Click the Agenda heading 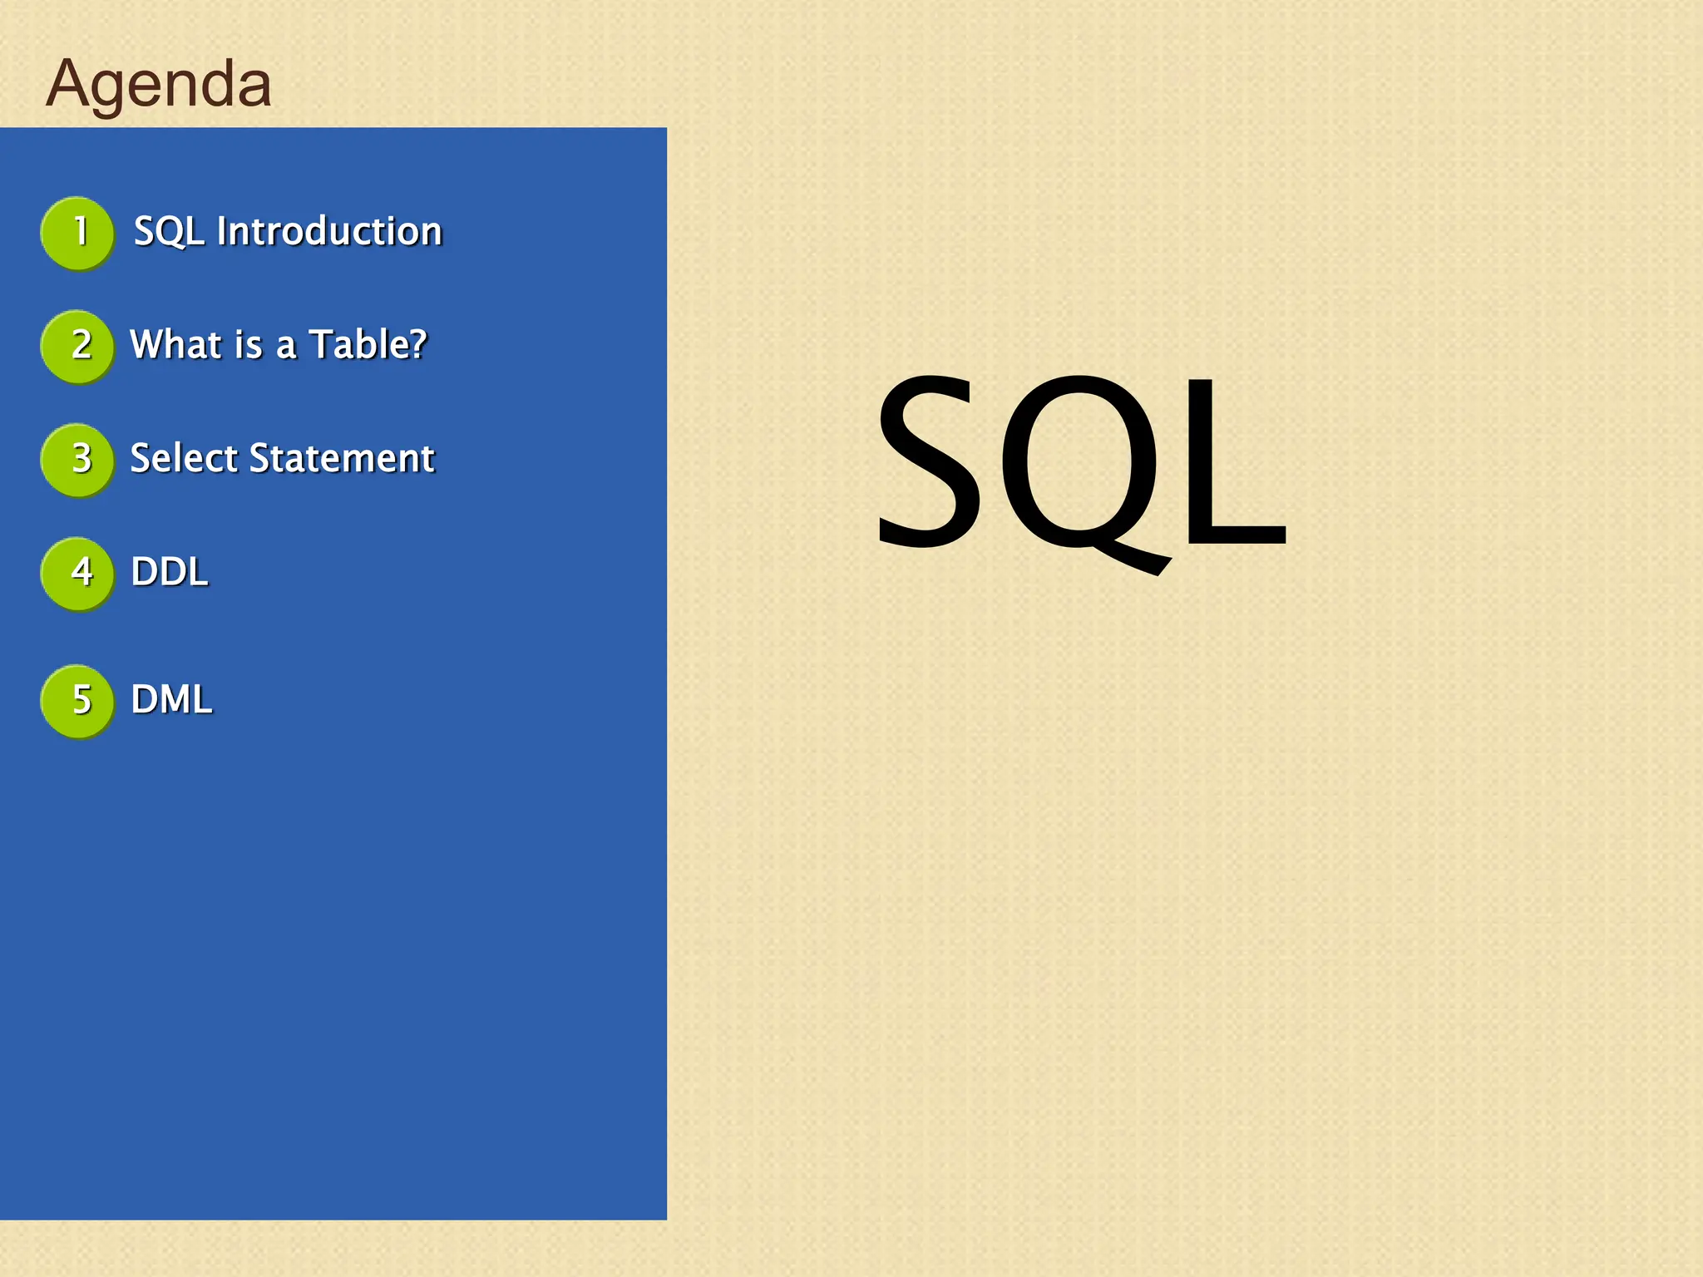click(x=158, y=83)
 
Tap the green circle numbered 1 click(x=77, y=233)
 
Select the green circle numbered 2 click(x=77, y=346)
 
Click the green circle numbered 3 click(x=77, y=460)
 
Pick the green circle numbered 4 click(x=77, y=573)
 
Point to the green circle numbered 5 click(x=77, y=701)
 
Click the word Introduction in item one click(x=329, y=231)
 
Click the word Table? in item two click(x=368, y=344)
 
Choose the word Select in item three click(x=184, y=458)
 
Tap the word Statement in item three click(x=342, y=458)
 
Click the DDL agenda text click(x=170, y=572)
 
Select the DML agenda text click(x=171, y=699)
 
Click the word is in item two click(x=249, y=344)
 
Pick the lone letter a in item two click(x=285, y=347)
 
